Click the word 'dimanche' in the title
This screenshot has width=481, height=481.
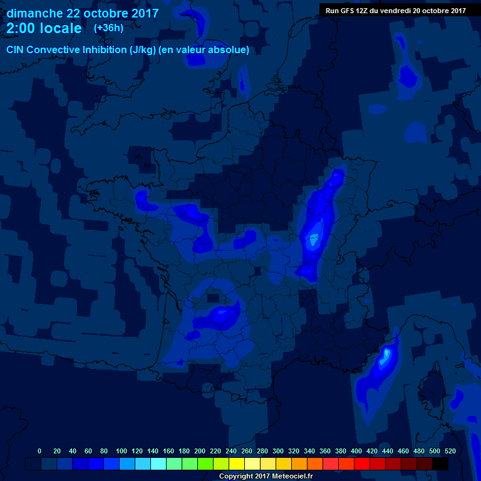[34, 13]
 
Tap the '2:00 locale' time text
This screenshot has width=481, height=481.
[44, 29]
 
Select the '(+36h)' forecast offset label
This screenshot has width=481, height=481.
[108, 28]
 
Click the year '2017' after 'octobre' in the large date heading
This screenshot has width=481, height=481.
[144, 13]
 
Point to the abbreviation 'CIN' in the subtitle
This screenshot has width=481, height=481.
[16, 50]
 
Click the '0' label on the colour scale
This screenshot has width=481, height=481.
[39, 451]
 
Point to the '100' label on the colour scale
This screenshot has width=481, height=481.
[122, 451]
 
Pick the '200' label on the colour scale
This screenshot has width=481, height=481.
[200, 451]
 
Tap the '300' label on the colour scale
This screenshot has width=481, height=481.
[278, 451]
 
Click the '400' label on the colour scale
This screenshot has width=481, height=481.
[356, 451]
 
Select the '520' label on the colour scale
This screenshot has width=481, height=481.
[450, 451]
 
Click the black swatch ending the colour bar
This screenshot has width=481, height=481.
[440, 464]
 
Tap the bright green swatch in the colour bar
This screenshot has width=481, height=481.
[205, 464]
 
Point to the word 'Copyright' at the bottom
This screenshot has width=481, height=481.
[237, 477]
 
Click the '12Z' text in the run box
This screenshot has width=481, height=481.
[363, 11]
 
